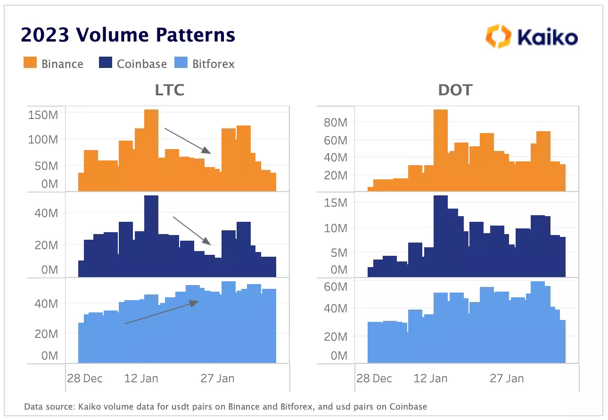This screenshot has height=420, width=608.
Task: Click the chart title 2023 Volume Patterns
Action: (128, 35)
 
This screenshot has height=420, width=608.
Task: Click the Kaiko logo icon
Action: (498, 37)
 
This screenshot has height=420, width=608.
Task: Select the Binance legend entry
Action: (54, 64)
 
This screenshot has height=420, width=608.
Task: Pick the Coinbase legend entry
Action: (133, 64)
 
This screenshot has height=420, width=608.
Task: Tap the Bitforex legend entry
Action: (206, 64)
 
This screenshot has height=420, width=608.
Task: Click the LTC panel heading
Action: (170, 90)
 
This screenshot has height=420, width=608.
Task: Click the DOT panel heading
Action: (455, 90)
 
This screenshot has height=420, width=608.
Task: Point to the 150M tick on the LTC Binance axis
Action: (43, 115)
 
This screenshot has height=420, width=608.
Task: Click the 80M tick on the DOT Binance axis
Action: (335, 123)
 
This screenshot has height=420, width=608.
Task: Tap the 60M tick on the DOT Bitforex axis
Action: (335, 287)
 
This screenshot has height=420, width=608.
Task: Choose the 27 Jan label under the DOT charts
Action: (507, 378)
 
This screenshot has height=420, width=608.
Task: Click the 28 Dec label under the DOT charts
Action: (374, 378)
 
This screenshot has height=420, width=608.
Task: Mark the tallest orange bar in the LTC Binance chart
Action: (151, 151)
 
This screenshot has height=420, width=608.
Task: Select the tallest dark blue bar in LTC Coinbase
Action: (151, 236)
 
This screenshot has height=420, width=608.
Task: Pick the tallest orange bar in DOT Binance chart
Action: (440, 151)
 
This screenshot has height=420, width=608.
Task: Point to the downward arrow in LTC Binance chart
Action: (187, 140)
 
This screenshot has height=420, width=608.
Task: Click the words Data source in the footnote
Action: (45, 406)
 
